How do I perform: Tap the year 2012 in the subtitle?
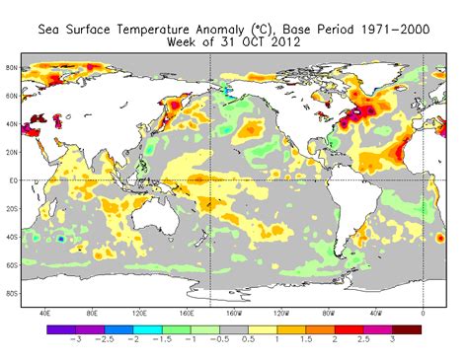click(280, 43)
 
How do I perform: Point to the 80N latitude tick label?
click(12, 68)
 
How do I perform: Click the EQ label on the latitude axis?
click(12, 180)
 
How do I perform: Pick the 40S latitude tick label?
click(12, 237)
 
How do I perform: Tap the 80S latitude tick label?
click(12, 293)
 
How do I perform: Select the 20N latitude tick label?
click(12, 153)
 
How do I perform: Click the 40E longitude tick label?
click(45, 313)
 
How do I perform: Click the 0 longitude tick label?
click(424, 313)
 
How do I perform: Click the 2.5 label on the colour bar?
click(362, 338)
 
